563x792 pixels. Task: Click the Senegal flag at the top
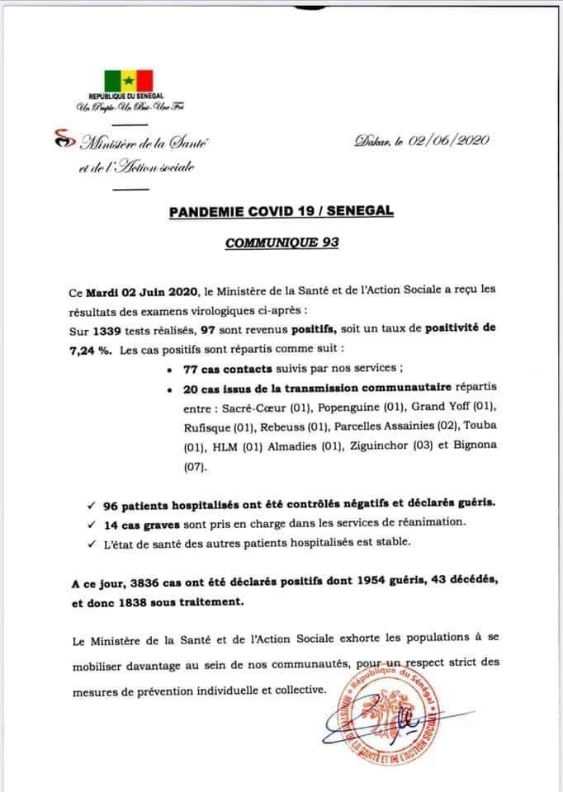click(x=128, y=80)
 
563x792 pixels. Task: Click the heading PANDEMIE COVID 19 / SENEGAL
click(x=281, y=212)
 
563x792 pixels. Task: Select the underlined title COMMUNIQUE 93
click(x=281, y=245)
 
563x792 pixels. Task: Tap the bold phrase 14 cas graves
click(x=143, y=521)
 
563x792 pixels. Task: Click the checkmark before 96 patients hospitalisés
click(x=89, y=503)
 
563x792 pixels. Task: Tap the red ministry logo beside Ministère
click(x=60, y=140)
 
